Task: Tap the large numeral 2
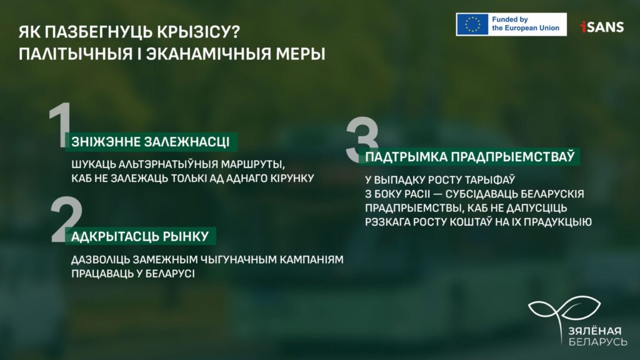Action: click(x=66, y=219)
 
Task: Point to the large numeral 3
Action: click(x=362, y=139)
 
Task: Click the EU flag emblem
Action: click(x=472, y=24)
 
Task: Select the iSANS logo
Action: click(x=602, y=27)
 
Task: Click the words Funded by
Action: click(x=510, y=19)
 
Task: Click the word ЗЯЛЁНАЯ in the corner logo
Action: click(x=595, y=331)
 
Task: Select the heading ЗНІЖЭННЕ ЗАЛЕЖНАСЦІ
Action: click(x=151, y=142)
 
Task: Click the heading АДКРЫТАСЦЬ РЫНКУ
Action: click(x=140, y=236)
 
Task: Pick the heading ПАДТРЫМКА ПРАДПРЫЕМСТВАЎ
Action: click(x=470, y=157)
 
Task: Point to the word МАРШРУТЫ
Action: click(x=252, y=164)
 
